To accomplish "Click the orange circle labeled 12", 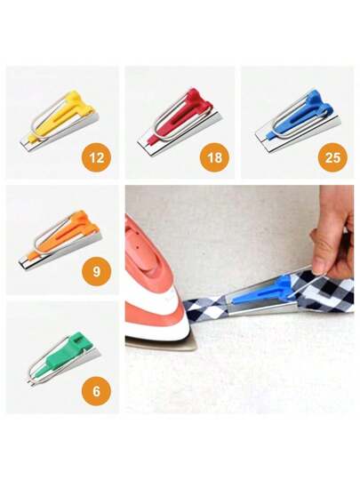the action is point(97,157).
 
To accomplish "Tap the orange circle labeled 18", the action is point(214,157).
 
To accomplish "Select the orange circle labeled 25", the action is point(332,157).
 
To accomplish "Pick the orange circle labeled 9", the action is point(96,271).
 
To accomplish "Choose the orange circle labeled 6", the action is point(96,391).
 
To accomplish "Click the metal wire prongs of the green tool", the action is point(29,381).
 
